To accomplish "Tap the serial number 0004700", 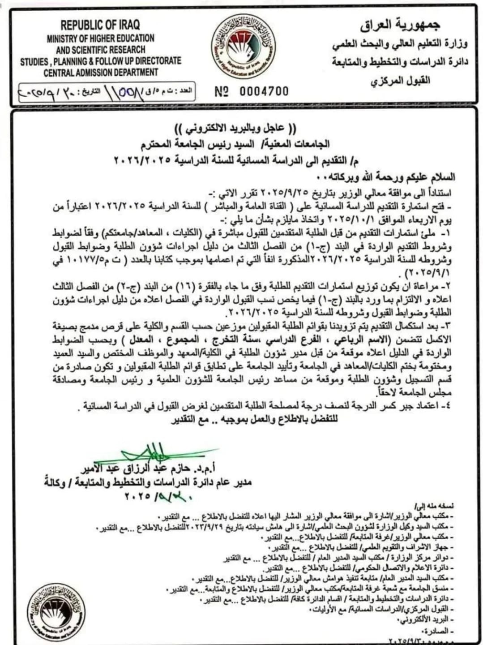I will (x=264, y=91).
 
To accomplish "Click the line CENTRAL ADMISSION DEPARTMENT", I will (x=101, y=72).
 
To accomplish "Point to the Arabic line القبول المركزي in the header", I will (x=400, y=81).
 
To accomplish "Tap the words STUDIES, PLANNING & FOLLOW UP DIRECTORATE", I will (x=101, y=61).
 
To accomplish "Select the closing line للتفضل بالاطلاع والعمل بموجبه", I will (x=255, y=420).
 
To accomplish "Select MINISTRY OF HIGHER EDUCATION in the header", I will (x=101, y=39).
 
